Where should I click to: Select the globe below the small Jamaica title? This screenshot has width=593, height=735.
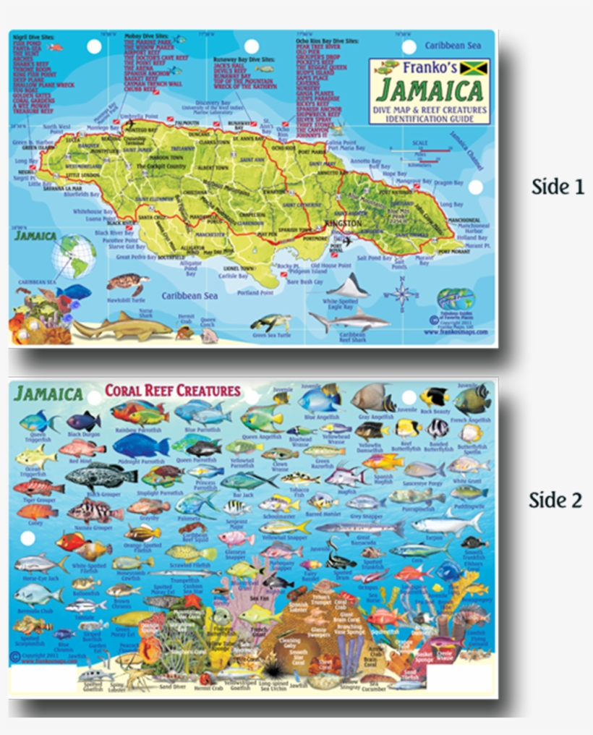tap(74, 256)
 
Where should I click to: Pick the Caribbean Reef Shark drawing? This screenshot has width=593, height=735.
tap(347, 319)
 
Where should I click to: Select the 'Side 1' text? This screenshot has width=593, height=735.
tap(557, 187)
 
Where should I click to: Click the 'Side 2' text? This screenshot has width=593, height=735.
tap(555, 500)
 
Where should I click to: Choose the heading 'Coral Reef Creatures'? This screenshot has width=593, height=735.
tap(172, 391)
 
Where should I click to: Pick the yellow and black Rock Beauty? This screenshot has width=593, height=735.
tap(435, 396)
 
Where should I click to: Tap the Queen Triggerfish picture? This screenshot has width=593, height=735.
tap(38, 421)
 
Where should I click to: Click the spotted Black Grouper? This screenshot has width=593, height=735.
tap(100, 475)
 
